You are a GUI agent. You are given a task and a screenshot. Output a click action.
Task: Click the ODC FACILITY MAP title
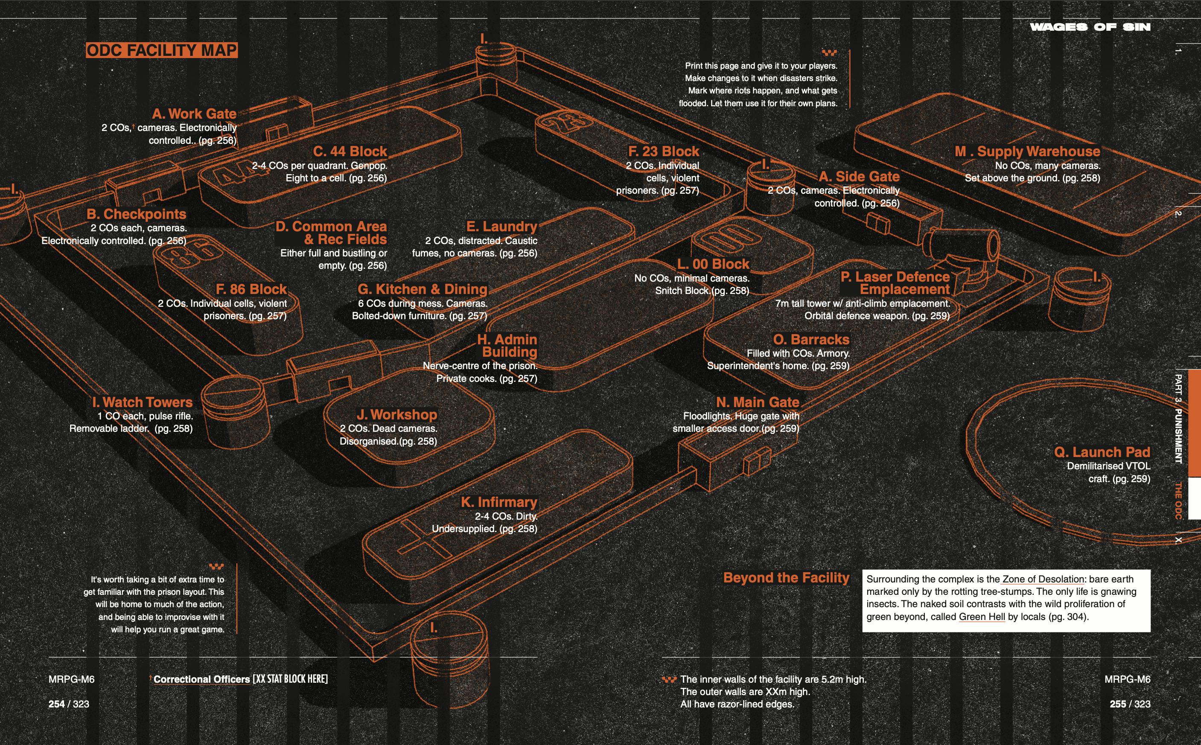point(162,50)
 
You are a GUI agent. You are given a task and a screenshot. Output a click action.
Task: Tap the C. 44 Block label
point(350,151)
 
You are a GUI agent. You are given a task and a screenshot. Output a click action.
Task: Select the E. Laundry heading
point(501,227)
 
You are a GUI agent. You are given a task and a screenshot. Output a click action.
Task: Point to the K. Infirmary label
point(499,502)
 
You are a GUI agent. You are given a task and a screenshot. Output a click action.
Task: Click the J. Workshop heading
point(397,415)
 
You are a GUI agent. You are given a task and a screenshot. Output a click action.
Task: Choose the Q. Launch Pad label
point(1102,452)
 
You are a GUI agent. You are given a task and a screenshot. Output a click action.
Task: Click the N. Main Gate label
point(758,402)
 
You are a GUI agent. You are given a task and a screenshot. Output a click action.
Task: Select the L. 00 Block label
point(713,264)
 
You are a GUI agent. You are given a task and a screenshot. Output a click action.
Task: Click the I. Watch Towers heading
point(143,402)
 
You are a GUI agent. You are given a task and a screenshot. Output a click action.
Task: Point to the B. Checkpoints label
point(137,214)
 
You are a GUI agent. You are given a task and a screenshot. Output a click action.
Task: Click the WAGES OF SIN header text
point(1090,27)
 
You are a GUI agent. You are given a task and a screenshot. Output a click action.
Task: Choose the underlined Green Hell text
point(982,617)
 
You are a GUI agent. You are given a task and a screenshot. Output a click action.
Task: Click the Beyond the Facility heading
point(786,578)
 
